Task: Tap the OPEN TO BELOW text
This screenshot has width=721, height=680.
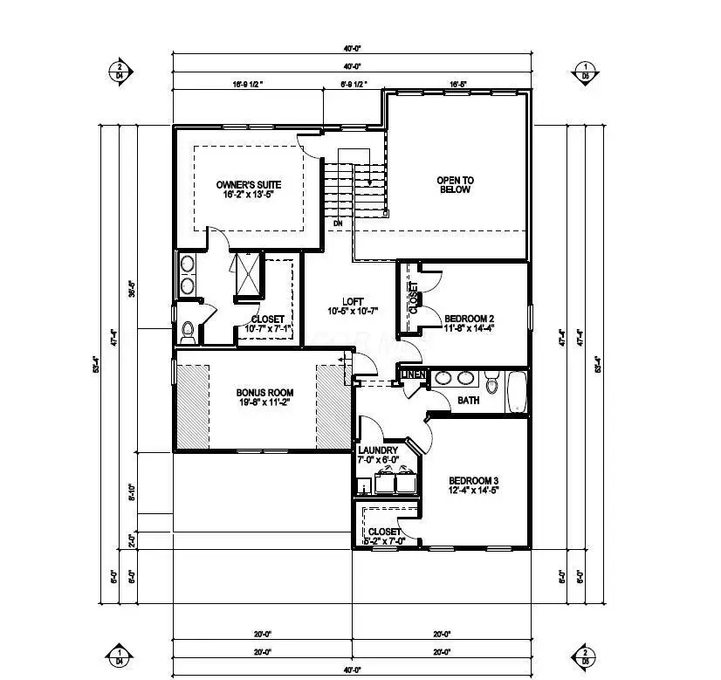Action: pyautogui.click(x=455, y=185)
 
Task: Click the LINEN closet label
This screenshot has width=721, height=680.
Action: pyautogui.click(x=415, y=375)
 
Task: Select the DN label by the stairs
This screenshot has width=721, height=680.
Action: pyautogui.click(x=337, y=223)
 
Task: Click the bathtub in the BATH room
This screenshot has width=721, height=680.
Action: pyautogui.click(x=517, y=392)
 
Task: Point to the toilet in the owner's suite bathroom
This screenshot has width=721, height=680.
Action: pyautogui.click(x=188, y=331)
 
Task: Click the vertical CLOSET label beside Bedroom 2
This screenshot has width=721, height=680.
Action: pyautogui.click(x=414, y=298)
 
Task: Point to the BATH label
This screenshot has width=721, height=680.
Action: pyautogui.click(x=468, y=401)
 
